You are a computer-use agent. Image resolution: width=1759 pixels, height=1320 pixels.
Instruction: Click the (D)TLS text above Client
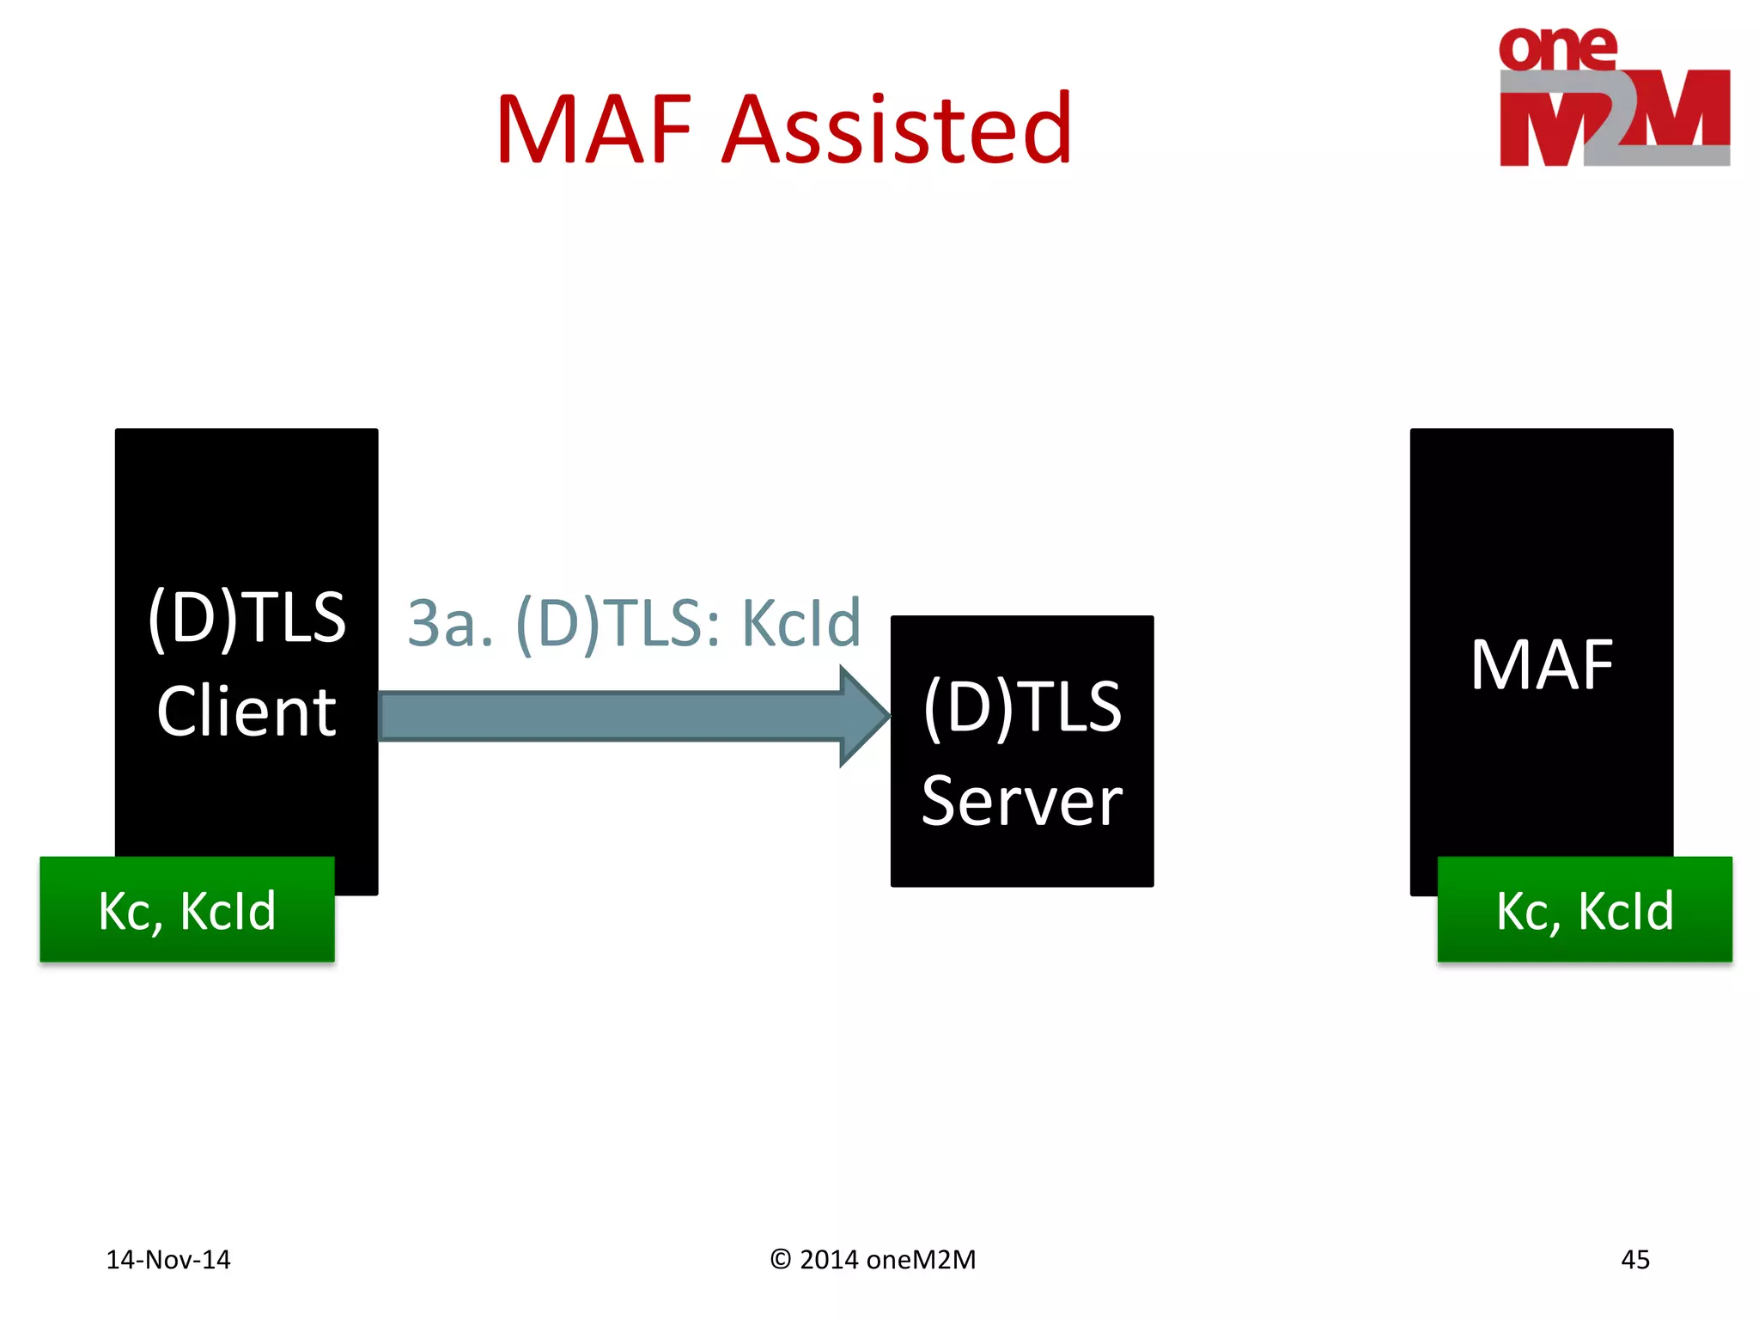pyautogui.click(x=247, y=617)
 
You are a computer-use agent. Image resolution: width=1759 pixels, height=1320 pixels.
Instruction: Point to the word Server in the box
pyautogui.click(x=1021, y=801)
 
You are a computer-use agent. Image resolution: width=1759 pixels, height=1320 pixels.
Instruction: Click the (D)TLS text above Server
pyautogui.click(x=1021, y=706)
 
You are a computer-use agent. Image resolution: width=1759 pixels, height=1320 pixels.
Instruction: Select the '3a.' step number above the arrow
pyautogui.click(x=450, y=623)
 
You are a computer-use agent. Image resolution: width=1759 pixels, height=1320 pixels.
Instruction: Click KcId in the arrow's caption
pyautogui.click(x=800, y=623)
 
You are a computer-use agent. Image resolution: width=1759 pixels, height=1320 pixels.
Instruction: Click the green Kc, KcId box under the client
pyautogui.click(x=186, y=909)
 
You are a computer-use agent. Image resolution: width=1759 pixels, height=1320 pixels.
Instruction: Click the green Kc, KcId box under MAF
pyautogui.click(x=1585, y=909)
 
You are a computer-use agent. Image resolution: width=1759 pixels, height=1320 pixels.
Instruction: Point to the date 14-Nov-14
pyautogui.click(x=168, y=1260)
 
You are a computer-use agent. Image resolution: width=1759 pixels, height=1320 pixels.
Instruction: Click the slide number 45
pyautogui.click(x=1634, y=1260)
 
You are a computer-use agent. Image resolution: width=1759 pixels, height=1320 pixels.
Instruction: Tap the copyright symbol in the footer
pyautogui.click(x=780, y=1260)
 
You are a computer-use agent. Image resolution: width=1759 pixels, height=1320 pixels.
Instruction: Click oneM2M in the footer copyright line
pyautogui.click(x=921, y=1260)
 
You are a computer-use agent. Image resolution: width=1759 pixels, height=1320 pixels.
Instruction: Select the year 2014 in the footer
pyautogui.click(x=829, y=1260)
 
